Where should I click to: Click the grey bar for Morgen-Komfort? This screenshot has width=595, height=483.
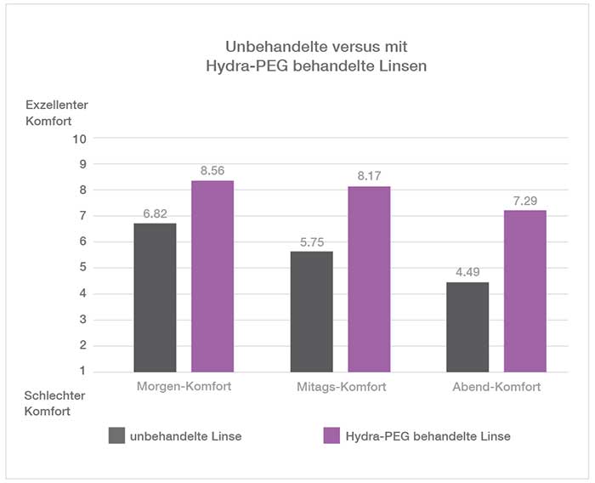tap(155, 297)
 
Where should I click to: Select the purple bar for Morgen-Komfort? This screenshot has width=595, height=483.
tap(212, 276)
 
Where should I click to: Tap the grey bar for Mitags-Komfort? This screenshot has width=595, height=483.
tap(311, 311)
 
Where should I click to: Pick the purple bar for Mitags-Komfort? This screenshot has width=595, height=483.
tap(368, 279)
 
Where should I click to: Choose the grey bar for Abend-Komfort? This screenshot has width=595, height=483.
tap(467, 327)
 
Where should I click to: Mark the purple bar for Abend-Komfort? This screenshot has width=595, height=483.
tap(524, 291)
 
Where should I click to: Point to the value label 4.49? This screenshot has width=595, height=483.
tap(468, 273)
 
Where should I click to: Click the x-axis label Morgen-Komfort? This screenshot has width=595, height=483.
tap(184, 387)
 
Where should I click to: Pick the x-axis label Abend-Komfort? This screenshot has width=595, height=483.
tap(496, 387)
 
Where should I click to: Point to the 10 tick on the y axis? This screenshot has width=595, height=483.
tap(81, 138)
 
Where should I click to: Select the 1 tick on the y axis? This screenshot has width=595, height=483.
tap(83, 372)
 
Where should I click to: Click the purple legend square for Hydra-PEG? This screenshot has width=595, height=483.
tap(331, 436)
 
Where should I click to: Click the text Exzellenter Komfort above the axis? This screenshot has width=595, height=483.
tap(56, 112)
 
